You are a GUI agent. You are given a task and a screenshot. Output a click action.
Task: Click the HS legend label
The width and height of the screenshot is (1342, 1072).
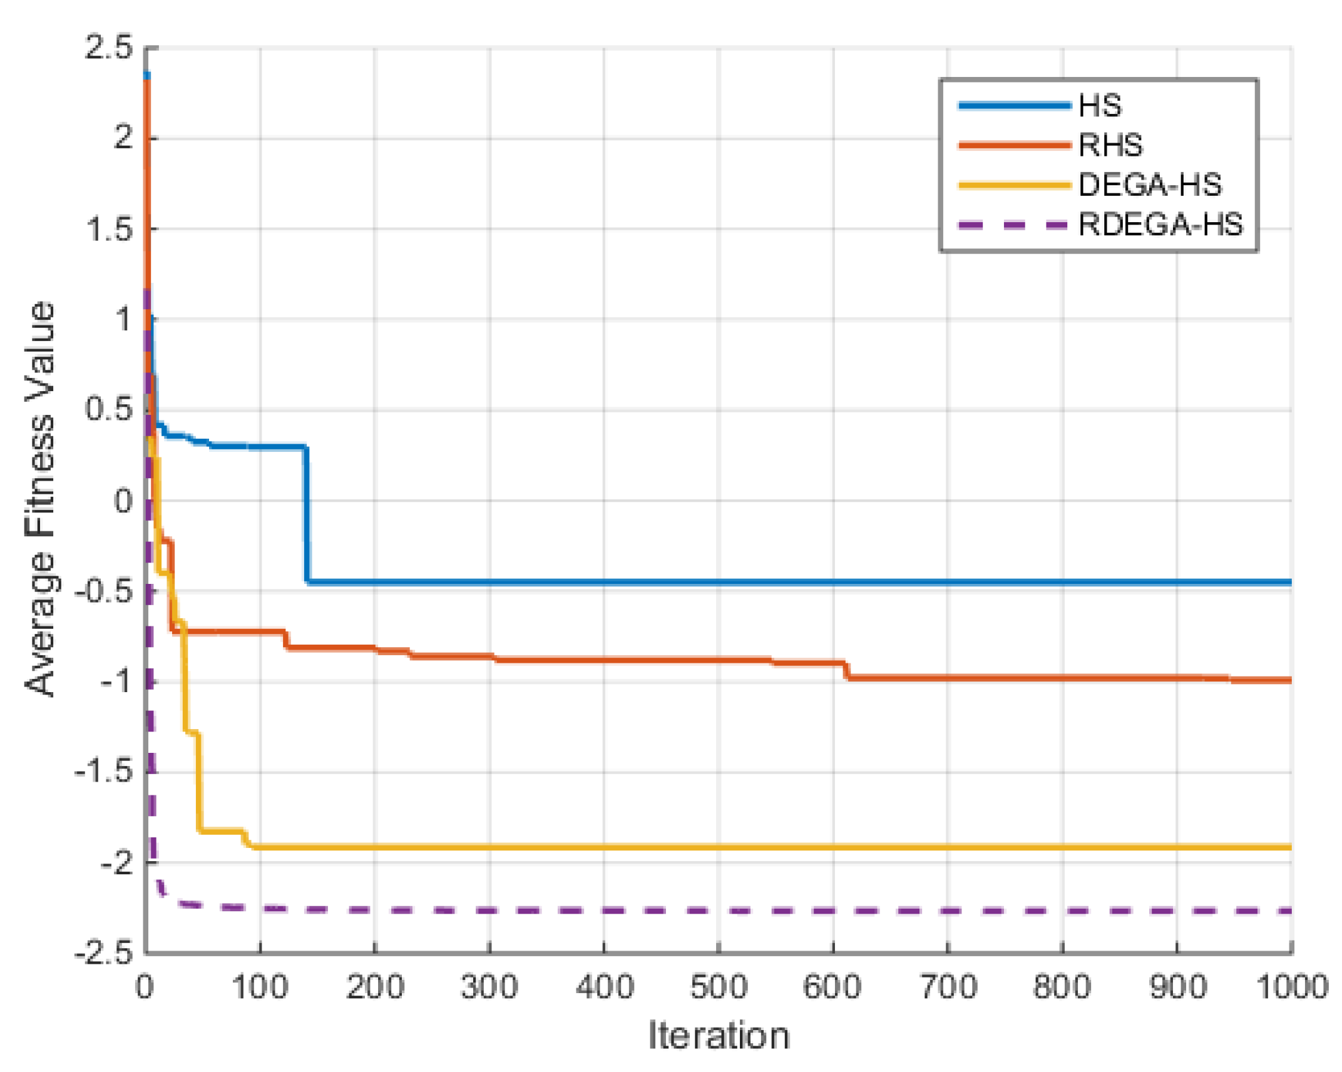[x=1099, y=106]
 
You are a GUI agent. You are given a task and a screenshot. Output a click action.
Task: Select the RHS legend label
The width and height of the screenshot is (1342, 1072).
[x=1110, y=145]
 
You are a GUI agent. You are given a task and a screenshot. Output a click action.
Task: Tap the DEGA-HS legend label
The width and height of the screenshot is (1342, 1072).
[x=1149, y=185]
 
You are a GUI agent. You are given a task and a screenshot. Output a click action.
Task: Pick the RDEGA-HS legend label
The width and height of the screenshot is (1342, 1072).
[x=1160, y=225]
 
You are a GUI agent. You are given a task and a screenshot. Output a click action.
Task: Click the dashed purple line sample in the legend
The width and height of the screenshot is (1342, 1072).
[x=1013, y=225]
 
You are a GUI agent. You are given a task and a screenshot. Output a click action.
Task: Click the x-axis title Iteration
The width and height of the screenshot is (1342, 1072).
[x=718, y=1035]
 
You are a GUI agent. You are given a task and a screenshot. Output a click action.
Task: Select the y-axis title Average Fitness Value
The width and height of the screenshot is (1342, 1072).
[x=40, y=499]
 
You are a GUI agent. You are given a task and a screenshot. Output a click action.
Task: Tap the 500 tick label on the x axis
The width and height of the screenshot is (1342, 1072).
[x=718, y=987]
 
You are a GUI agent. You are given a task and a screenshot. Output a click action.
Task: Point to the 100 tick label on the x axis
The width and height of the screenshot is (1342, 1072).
[x=259, y=987]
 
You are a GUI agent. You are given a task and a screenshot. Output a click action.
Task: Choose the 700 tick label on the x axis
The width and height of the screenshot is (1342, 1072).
[x=948, y=987]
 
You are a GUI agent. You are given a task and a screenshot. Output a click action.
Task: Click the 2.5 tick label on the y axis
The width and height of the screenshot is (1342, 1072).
[x=109, y=48]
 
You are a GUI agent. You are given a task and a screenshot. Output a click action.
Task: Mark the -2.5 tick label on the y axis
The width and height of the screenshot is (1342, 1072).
[x=104, y=954]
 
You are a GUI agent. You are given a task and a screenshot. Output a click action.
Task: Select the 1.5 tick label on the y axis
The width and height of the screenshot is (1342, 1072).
[x=109, y=229]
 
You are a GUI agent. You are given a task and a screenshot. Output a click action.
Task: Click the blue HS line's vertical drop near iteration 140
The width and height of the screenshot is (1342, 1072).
[x=306, y=513]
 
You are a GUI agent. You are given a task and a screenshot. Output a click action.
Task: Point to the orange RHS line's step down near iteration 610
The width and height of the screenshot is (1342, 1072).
[x=846, y=670]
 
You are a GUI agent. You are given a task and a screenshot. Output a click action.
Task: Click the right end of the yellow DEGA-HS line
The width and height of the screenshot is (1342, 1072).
[x=1289, y=847]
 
